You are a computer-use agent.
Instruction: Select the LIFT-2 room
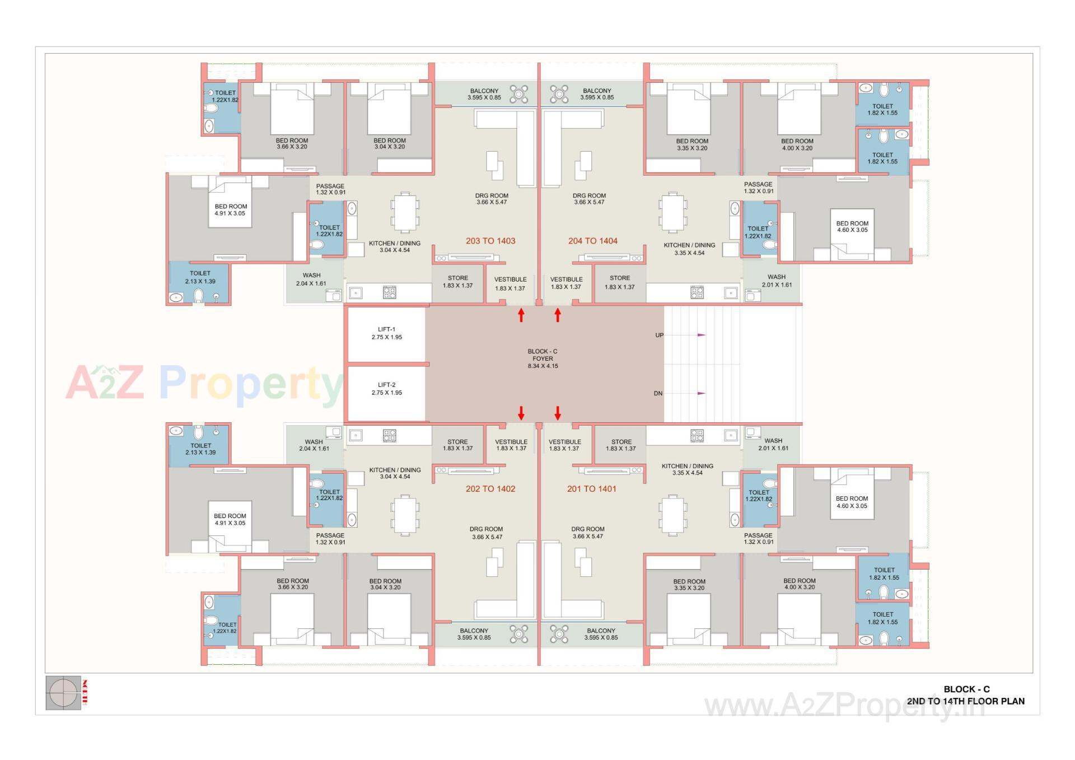[386, 392]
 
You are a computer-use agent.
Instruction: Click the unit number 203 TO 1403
[490, 241]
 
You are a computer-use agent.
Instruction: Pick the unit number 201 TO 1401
[591, 489]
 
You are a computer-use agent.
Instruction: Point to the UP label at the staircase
[660, 335]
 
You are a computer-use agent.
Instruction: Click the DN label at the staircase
[658, 394]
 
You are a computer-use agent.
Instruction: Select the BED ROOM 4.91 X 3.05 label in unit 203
[230, 209]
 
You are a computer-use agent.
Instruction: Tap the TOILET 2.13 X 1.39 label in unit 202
[200, 449]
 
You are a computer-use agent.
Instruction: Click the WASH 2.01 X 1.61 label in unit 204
[777, 281]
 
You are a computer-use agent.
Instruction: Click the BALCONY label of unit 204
[597, 94]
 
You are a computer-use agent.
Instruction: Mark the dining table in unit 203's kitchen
[404, 212]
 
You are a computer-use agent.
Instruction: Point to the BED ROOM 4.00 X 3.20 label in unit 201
[799, 584]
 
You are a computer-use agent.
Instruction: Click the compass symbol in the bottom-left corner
[63, 693]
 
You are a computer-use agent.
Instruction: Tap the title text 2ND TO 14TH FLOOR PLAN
[966, 701]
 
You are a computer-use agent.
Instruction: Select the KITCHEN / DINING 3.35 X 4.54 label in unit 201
[687, 469]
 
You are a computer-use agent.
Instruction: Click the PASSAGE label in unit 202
[330, 539]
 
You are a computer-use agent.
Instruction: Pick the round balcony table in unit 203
[519, 94]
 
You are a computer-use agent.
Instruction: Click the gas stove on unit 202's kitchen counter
[390, 435]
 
